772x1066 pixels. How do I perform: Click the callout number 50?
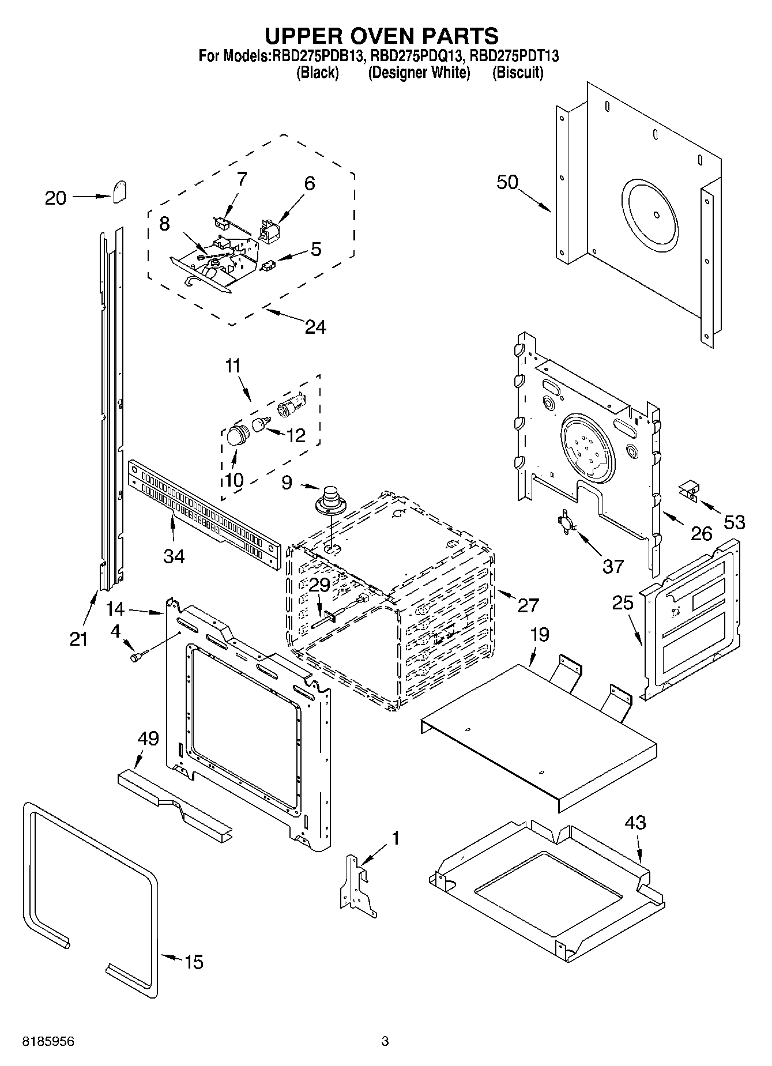click(507, 182)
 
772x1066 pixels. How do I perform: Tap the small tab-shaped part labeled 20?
click(120, 192)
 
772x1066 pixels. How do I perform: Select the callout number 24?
click(315, 327)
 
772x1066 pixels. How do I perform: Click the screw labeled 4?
click(138, 656)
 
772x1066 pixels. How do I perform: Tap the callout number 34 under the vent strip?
click(174, 556)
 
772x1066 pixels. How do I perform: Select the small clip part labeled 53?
click(688, 490)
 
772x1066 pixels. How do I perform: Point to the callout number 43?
click(634, 823)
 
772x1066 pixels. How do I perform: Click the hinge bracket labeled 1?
click(356, 885)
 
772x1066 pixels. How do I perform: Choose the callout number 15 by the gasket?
click(194, 962)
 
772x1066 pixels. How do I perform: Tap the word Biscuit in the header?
click(518, 73)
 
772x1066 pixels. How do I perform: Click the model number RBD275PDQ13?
click(414, 56)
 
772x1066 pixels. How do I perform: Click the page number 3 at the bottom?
click(385, 1041)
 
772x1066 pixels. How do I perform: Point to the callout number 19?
click(540, 635)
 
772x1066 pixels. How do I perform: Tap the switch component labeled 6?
click(269, 231)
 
